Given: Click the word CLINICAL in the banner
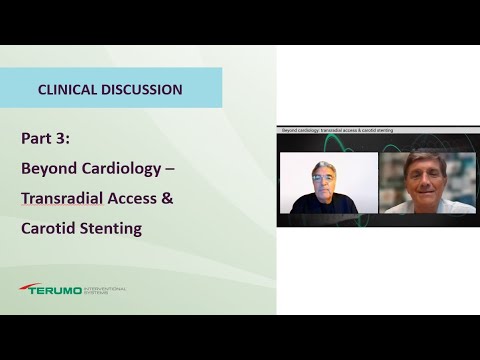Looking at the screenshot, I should click(x=68, y=89).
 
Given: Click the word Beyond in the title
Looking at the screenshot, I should click(x=49, y=168).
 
